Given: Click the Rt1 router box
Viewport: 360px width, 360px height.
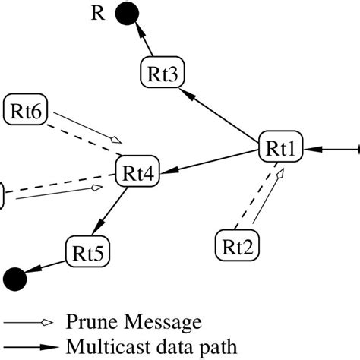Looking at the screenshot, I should tap(281, 148).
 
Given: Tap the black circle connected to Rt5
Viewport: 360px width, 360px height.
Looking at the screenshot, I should tap(14, 278).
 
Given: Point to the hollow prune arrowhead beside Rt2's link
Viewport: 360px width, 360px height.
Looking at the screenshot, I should tap(279, 176).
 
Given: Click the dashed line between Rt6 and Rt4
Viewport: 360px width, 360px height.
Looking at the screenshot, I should tap(76, 141).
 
